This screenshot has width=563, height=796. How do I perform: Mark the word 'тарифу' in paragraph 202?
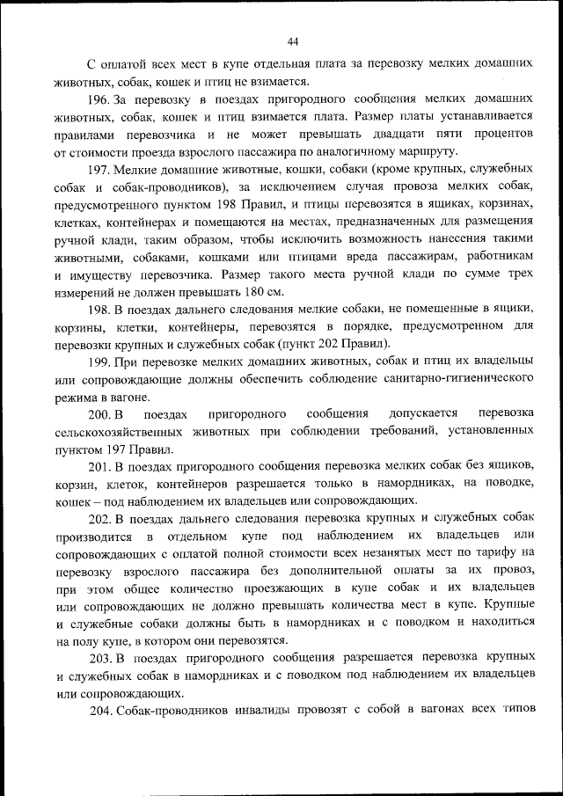494,552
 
